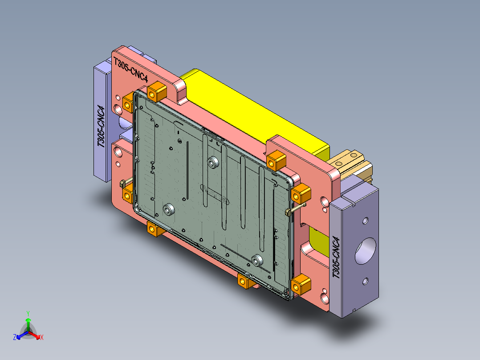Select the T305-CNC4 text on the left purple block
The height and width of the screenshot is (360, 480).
point(102,127)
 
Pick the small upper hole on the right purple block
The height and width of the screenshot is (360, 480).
point(365,220)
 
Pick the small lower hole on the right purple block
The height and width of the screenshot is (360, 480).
point(365,280)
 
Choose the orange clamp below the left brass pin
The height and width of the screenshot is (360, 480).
point(128,195)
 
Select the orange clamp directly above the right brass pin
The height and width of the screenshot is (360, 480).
point(302,193)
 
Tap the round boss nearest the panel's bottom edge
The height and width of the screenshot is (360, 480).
point(257,261)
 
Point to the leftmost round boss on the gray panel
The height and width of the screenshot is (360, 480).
point(168,209)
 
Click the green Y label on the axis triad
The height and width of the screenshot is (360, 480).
point(28,313)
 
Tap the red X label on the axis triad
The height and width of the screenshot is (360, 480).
point(42,338)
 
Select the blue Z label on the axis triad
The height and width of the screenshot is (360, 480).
point(15,338)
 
